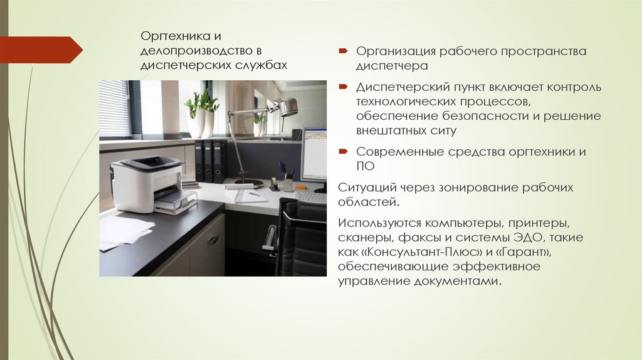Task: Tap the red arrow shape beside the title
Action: [x=41, y=49]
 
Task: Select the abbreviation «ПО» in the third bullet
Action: [x=365, y=166]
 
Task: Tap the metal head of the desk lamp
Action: [x=287, y=107]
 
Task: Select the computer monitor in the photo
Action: [x=314, y=154]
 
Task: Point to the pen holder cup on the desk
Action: [x=288, y=184]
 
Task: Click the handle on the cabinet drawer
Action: [x=213, y=239]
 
